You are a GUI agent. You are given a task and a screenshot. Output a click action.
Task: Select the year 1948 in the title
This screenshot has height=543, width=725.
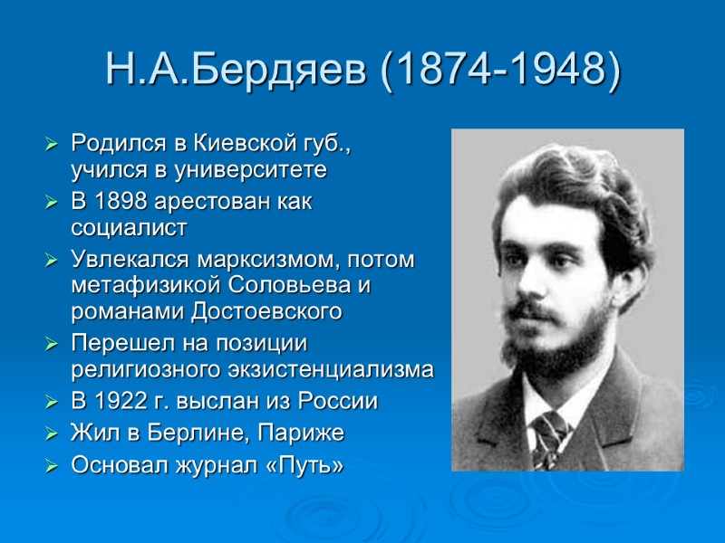click(554, 71)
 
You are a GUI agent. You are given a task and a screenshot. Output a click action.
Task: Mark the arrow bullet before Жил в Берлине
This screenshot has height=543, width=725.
click(51, 434)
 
